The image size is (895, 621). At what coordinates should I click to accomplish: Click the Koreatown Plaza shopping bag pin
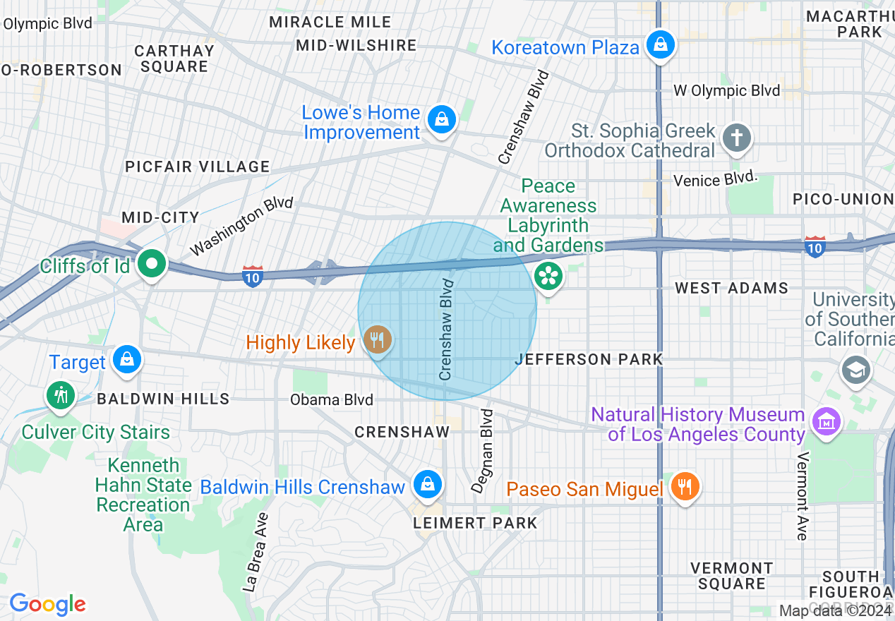pos(660,45)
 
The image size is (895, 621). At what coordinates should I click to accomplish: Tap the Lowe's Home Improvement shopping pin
pos(441,119)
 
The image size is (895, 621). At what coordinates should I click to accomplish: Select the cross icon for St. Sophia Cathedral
pos(737,138)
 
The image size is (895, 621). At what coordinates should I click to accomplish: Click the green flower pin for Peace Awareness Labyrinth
pos(548,276)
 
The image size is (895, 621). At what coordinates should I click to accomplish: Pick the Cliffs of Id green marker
pos(151,265)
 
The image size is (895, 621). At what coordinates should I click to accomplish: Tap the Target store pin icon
pos(127,359)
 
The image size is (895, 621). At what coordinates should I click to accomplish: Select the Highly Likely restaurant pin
pos(378,341)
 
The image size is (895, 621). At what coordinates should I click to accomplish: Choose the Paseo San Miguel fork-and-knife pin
pos(684,486)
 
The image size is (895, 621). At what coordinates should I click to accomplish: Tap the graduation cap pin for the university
pos(855,369)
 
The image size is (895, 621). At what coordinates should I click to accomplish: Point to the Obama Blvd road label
pos(331,400)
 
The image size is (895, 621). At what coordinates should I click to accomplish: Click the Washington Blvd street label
pos(241,226)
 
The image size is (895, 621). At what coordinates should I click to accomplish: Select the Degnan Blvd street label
pos(483,451)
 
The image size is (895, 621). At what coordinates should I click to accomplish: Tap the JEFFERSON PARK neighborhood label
pos(589,359)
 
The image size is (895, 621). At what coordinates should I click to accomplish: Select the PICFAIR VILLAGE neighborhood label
pos(197,167)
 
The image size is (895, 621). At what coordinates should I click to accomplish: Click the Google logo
pos(47,604)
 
